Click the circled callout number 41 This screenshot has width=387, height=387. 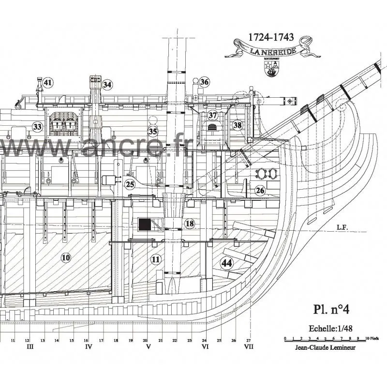pos(47,83)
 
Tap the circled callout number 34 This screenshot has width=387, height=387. pos(107,85)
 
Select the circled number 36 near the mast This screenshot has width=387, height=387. pos(204,82)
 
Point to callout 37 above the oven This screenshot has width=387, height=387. pos(213,115)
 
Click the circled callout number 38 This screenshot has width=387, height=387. pos(237,125)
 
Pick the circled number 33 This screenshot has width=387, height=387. pos(37,127)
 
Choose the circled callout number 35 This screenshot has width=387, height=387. pos(153,131)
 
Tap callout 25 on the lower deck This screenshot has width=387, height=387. pos(130,184)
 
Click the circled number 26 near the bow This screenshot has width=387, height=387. pos(260,191)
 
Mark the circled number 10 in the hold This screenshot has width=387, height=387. pos(66,258)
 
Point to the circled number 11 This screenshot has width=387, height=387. pos(155,259)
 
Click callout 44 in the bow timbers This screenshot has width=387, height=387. pos(225,264)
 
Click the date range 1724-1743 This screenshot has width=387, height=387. pos(271,37)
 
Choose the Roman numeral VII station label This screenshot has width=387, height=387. pos(249,347)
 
